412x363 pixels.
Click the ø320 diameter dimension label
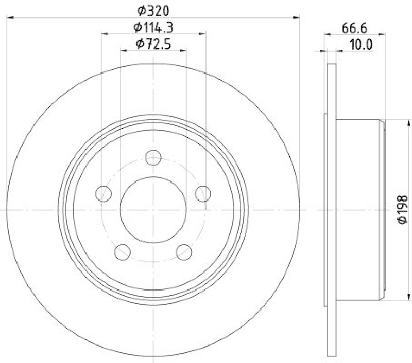[153, 10]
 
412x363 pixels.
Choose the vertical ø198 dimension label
[402, 210]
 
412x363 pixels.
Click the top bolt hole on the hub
[153, 157]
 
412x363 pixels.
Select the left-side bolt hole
[104, 193]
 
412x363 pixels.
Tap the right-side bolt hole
[203, 193]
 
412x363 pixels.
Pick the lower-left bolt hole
[123, 251]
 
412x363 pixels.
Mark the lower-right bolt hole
[184, 251]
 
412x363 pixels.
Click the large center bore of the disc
[153, 210]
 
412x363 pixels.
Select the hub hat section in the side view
[359, 210]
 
